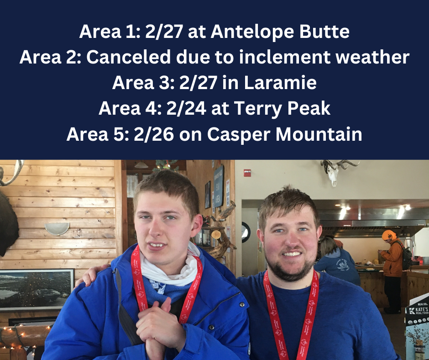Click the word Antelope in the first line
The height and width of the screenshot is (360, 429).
[252, 32]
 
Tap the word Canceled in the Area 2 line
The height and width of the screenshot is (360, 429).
[129, 57]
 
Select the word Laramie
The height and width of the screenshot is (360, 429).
[280, 82]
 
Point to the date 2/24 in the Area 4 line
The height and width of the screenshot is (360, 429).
[186, 108]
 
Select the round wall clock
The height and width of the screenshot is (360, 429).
[246, 232]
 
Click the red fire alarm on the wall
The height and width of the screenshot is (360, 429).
[247, 173]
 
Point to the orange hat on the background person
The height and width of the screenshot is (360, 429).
[389, 235]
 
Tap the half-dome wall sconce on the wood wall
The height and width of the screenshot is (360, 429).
[58, 228]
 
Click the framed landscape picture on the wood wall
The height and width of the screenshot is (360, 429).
[37, 290]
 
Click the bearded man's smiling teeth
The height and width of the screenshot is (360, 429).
[292, 254]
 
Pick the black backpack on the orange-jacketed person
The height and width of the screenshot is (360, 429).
[406, 255]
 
